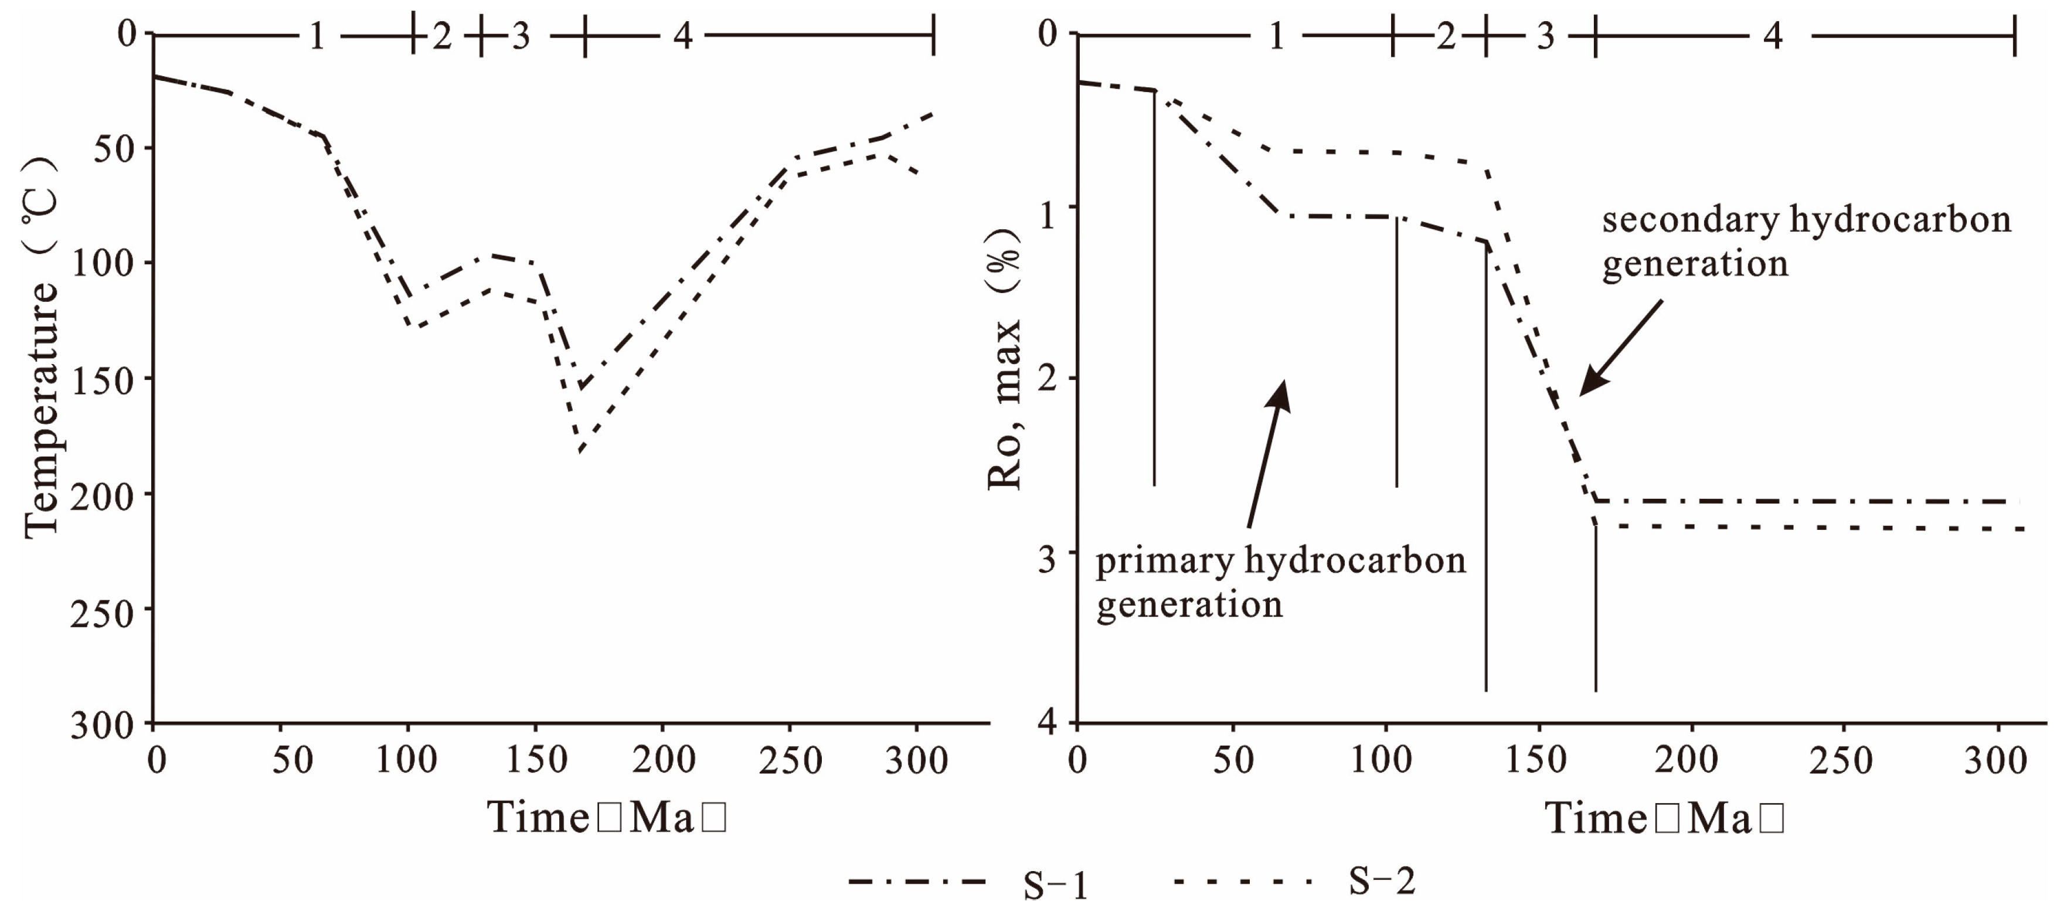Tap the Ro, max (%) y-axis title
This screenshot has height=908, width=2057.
pyautogui.click(x=1005, y=359)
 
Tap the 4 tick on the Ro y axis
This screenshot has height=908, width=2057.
pyautogui.click(x=1047, y=723)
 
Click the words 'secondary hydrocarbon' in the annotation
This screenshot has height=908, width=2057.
pyautogui.click(x=1806, y=220)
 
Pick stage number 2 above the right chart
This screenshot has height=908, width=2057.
pyautogui.click(x=1446, y=36)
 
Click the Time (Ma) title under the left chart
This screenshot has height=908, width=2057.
pyautogui.click(x=607, y=818)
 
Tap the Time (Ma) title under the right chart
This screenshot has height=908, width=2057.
pyautogui.click(x=1664, y=818)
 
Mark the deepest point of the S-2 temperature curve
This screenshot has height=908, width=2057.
pyautogui.click(x=580, y=452)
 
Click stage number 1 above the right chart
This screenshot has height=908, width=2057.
pyautogui.click(x=1276, y=36)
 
